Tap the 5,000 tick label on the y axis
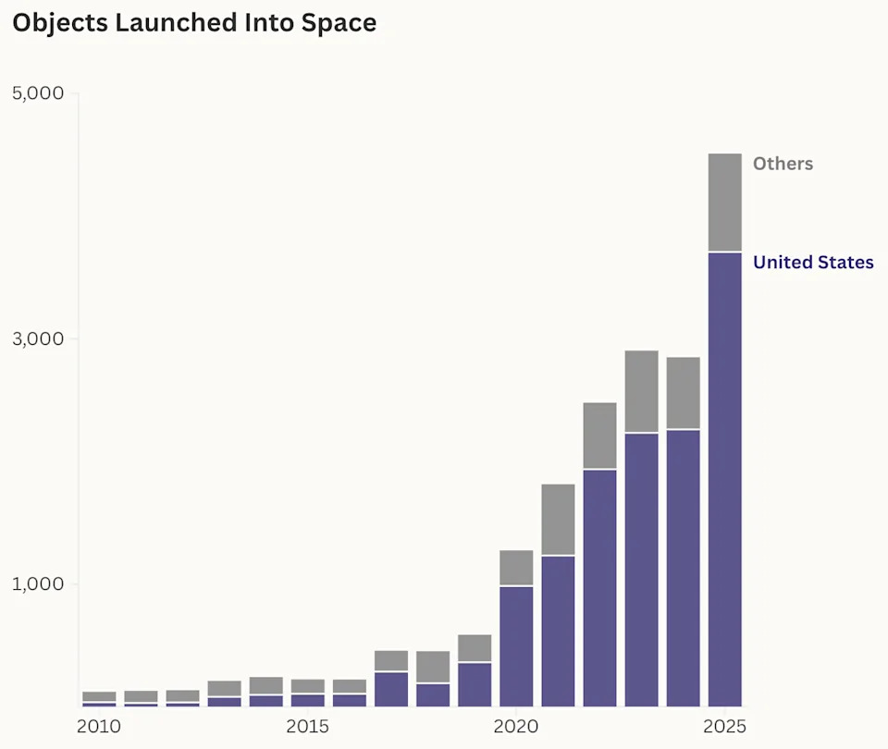coord(38,94)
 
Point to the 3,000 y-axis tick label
coord(38,339)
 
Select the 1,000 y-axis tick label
coord(38,584)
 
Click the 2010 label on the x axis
coord(99,727)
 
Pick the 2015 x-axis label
coord(308,727)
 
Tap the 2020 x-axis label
coord(516,727)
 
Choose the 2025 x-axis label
coord(724,727)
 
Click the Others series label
coord(783,164)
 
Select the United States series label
coord(813,263)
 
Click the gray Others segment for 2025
coord(724,202)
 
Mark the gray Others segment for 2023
coord(641,391)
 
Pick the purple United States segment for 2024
coord(683,568)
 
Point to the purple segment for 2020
coord(516,646)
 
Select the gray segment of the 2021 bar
coord(558,519)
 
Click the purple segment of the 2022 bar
coord(599,588)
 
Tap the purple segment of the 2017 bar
coord(391,689)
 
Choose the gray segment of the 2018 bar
coord(433,666)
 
